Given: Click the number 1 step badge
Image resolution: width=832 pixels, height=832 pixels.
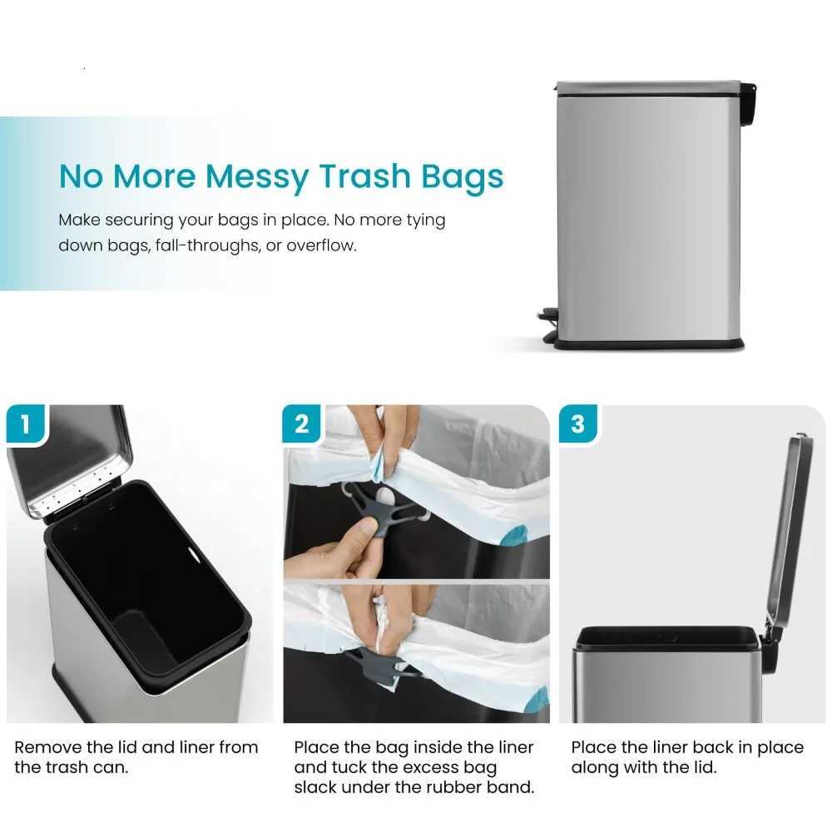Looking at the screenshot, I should click(x=25, y=425).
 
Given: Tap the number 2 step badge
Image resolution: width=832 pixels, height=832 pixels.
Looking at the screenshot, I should click(x=302, y=425).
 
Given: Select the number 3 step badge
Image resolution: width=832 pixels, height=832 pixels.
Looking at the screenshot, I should click(x=578, y=425).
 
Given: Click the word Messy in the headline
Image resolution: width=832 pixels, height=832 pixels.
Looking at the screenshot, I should click(x=255, y=177).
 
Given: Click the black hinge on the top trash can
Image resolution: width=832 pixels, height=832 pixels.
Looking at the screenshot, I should click(x=748, y=100).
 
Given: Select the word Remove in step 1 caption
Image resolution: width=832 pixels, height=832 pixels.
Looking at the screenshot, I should click(x=46, y=747).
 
